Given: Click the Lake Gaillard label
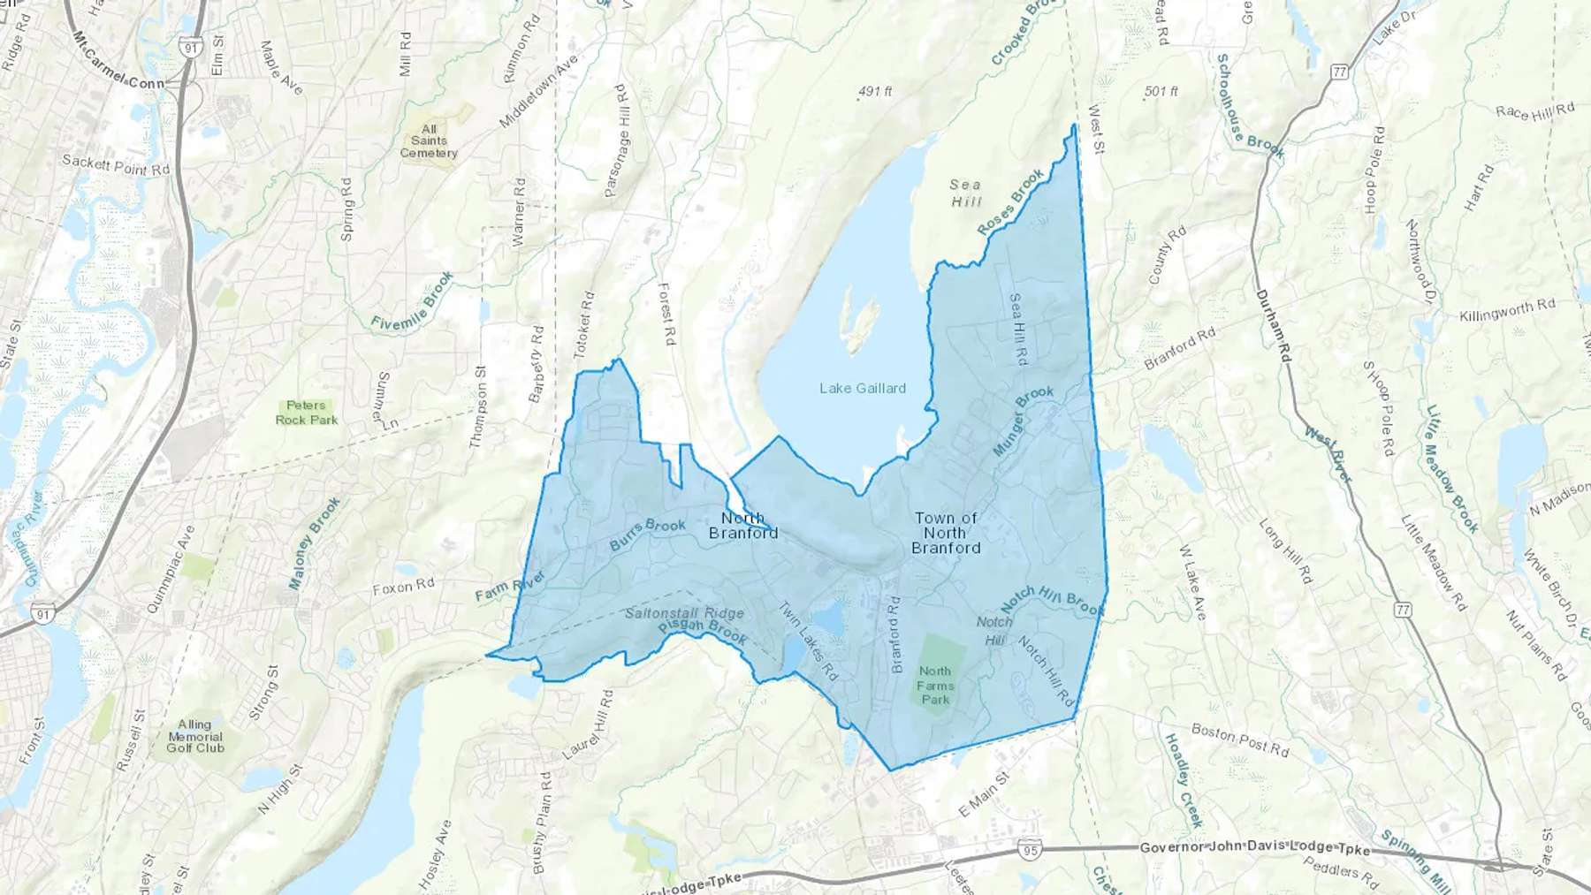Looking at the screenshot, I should [x=862, y=388].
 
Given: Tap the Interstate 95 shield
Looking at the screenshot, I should [x=1029, y=850].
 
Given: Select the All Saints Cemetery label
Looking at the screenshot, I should [x=429, y=141].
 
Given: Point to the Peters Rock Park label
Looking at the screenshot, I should [x=306, y=413].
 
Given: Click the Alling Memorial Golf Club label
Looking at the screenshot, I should [x=195, y=736].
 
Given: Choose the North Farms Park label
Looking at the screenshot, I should [x=935, y=686].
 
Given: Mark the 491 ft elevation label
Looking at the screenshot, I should [x=875, y=91].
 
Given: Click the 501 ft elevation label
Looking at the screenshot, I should [x=1161, y=91].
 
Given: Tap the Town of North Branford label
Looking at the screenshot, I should [x=946, y=533].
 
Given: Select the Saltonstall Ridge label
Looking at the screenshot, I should [x=684, y=612].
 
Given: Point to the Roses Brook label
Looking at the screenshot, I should [x=1010, y=202].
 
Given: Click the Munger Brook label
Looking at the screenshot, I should [x=1023, y=421].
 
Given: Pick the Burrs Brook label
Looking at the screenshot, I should [x=648, y=534].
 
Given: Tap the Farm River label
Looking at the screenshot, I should [x=510, y=587].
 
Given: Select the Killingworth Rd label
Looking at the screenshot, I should [x=1507, y=311].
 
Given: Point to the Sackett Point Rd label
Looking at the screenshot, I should [x=115, y=163].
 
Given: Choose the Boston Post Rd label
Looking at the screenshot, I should [x=1239, y=740].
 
